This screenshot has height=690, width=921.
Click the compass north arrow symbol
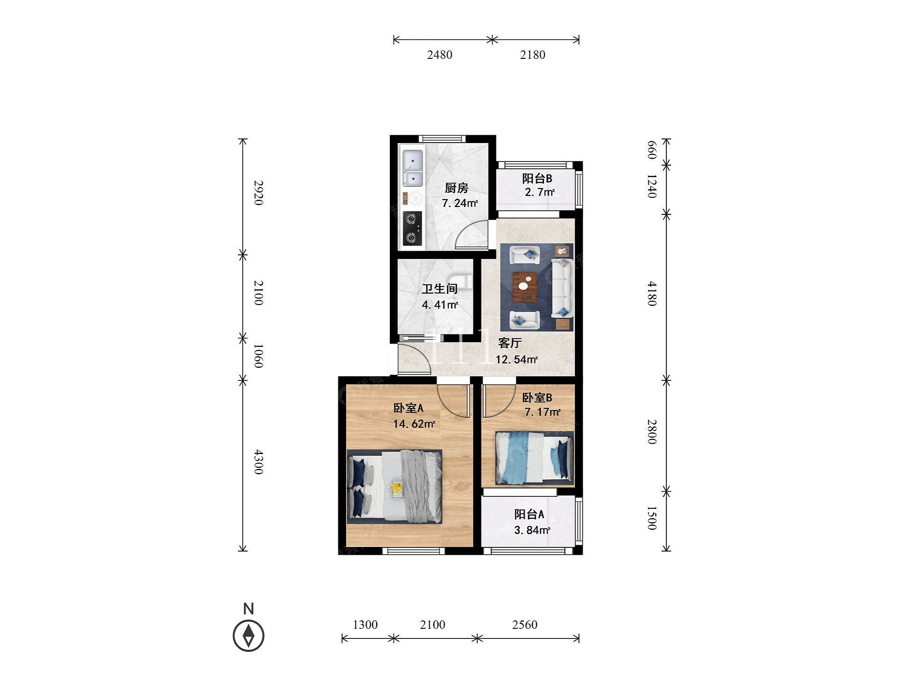[249, 636]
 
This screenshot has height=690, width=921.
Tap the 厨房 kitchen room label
[456, 188]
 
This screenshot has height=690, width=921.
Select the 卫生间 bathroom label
[440, 289]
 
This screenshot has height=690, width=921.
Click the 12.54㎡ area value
[517, 359]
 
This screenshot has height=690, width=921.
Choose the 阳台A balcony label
[529, 514]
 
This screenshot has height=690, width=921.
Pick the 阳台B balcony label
[537, 178]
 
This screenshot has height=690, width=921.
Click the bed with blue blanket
[534, 458]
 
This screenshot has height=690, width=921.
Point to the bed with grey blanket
[394, 486]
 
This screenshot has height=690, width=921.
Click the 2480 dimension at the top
[440, 55]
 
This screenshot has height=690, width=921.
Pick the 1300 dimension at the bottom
[365, 625]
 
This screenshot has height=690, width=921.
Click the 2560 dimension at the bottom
[525, 625]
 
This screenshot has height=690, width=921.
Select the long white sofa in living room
[562, 288]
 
